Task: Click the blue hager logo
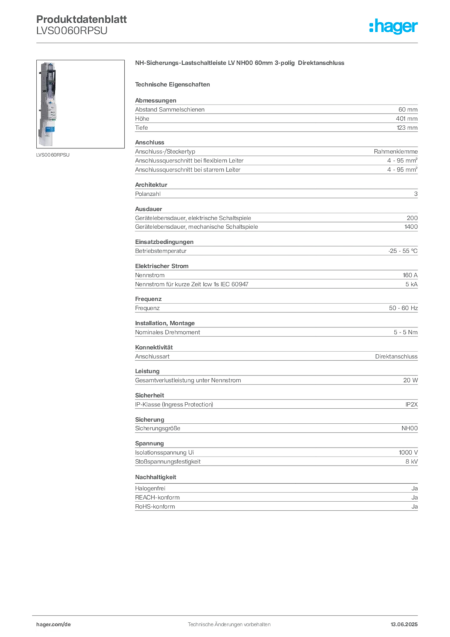(395, 27)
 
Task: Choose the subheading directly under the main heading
(175, 84)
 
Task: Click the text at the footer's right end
(406, 621)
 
